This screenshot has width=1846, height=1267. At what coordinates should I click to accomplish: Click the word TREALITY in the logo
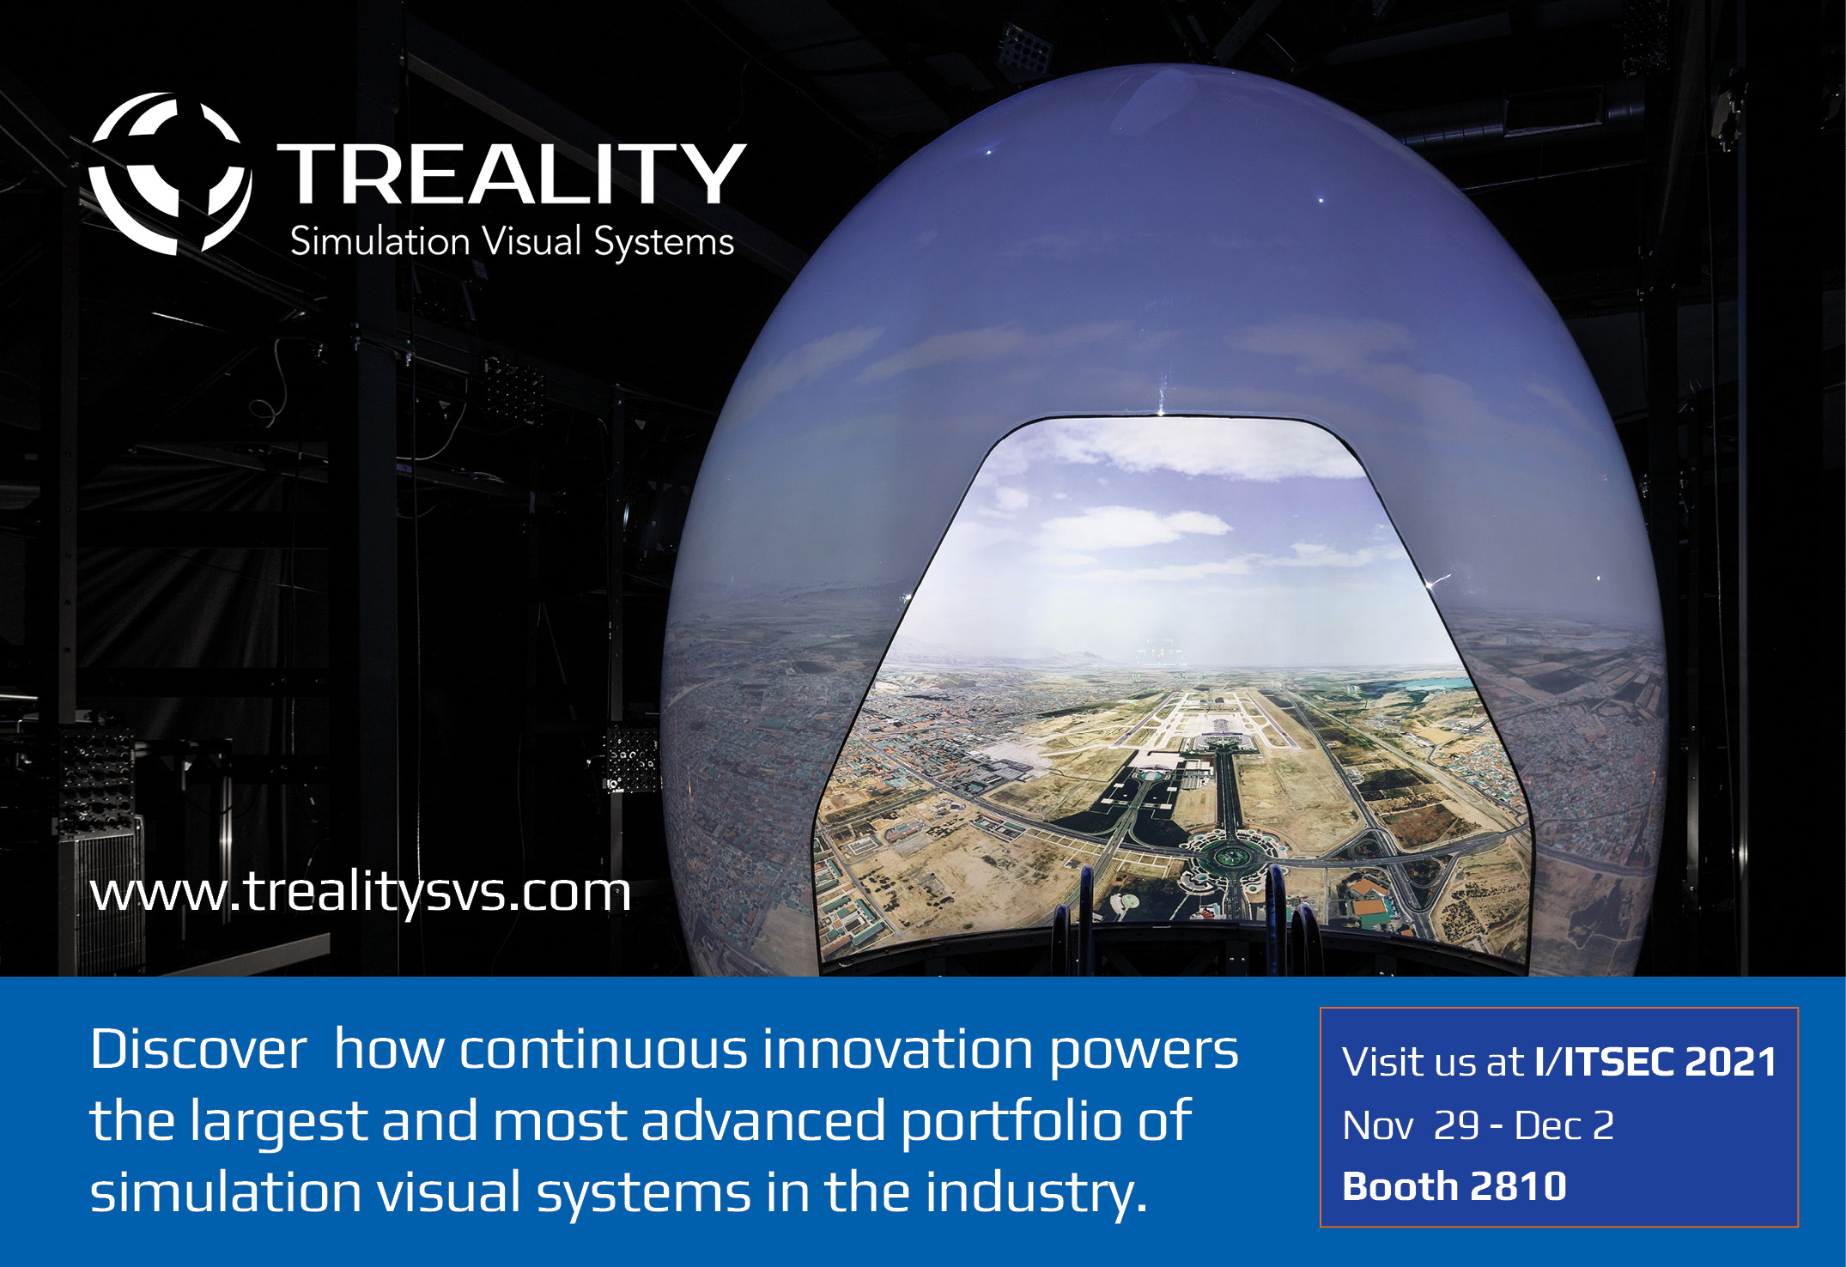coord(512,174)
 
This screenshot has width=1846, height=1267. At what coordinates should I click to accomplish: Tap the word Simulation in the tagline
coord(380,241)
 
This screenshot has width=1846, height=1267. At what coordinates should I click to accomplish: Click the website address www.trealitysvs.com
coord(361,893)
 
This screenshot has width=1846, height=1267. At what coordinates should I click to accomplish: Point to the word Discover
coord(198,1049)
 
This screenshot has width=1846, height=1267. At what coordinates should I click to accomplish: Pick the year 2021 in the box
coord(1730,1062)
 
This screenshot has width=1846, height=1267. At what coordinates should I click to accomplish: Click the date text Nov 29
coord(1411,1125)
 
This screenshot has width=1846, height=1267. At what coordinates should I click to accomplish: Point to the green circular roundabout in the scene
coord(1230,855)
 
